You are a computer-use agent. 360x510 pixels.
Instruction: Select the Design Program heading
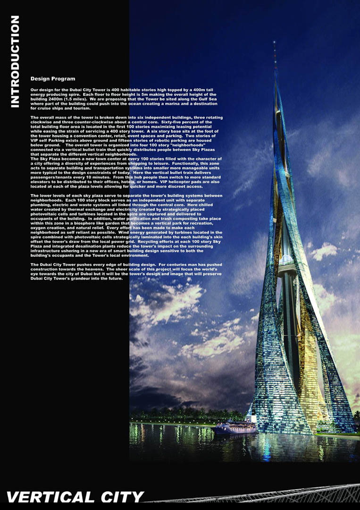[52, 79]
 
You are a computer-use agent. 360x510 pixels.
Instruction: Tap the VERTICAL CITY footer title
[75, 497]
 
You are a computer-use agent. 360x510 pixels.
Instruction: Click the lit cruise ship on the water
[234, 427]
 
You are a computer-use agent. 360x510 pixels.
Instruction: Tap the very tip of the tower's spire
[275, 42]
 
